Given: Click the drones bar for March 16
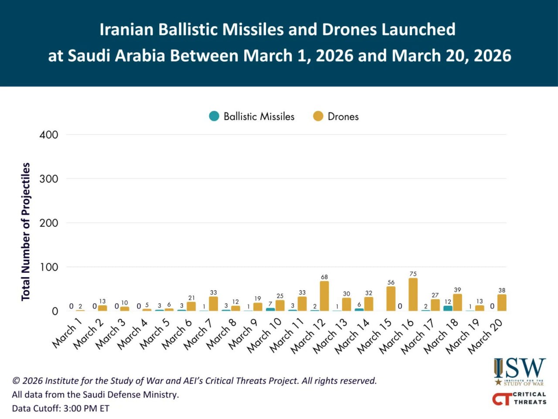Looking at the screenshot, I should (x=413, y=295).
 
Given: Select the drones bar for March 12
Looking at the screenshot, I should (x=324, y=296).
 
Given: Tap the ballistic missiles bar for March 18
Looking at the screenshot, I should (x=448, y=308).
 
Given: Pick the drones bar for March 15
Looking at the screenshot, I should (x=391, y=299).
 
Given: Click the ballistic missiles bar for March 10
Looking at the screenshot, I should (x=270, y=309).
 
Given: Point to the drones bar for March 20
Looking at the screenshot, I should (x=502, y=302).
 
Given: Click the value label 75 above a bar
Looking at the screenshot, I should (x=413, y=274).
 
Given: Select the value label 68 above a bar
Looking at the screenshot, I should (x=324, y=277).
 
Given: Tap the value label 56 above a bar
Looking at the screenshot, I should (x=391, y=282).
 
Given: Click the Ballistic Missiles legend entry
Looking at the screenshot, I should (x=252, y=117).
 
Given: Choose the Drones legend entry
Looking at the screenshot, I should (x=336, y=117).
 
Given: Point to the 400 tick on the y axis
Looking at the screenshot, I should (x=48, y=134).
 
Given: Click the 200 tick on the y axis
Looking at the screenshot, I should (x=48, y=223).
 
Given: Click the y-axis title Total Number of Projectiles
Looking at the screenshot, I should (x=26, y=231).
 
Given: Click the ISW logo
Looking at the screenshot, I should (x=520, y=371).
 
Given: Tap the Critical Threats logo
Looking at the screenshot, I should (x=519, y=398).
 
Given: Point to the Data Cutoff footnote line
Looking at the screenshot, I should (x=61, y=409).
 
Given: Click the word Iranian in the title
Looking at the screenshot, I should (x=126, y=30).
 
